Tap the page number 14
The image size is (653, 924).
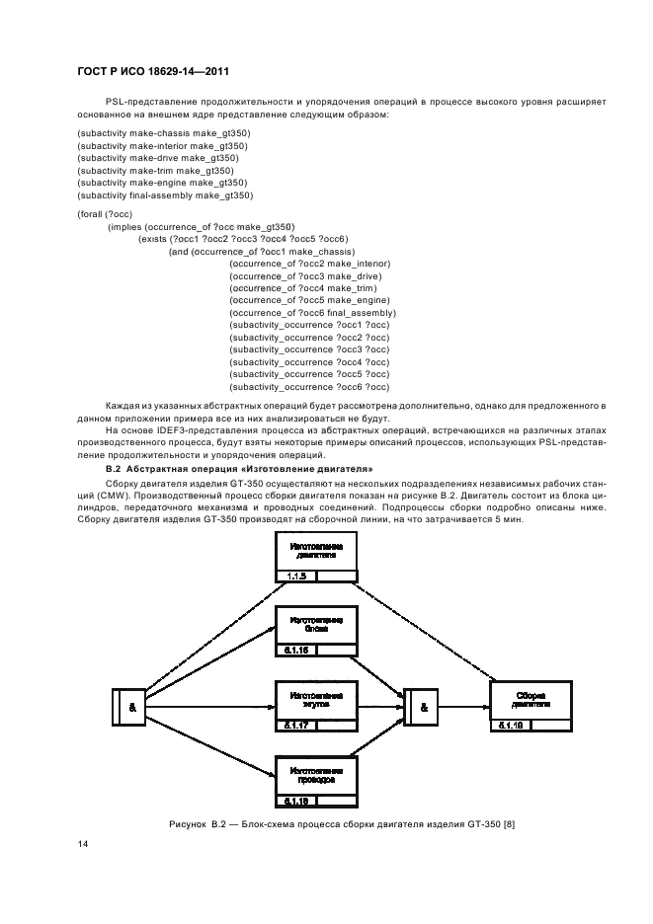click(x=82, y=845)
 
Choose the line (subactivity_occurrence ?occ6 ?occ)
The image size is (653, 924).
click(x=308, y=387)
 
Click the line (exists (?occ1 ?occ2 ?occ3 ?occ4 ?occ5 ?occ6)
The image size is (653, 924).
click(x=243, y=239)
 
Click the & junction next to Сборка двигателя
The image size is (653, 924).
click(x=423, y=707)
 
